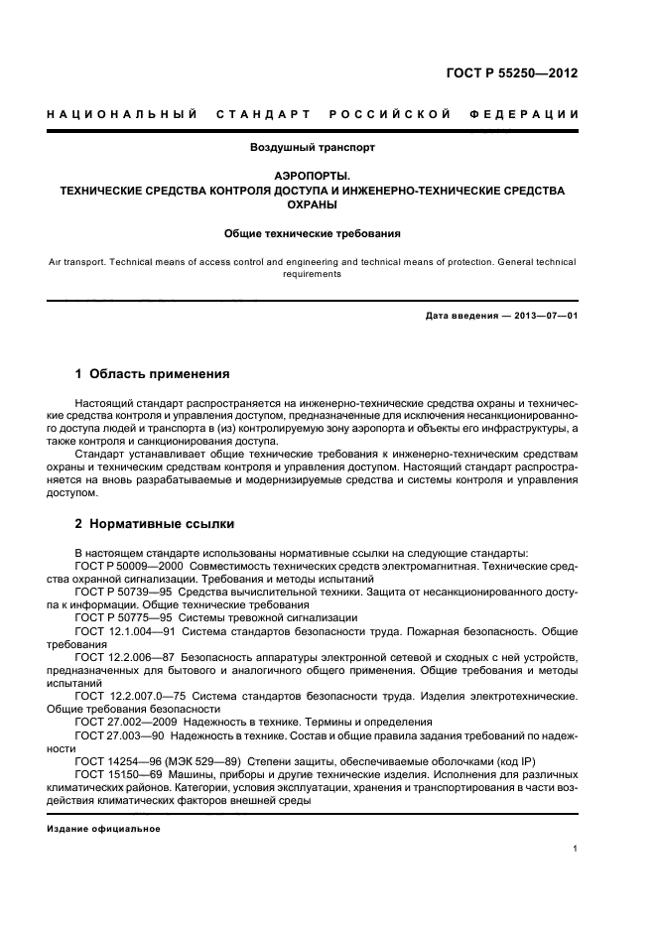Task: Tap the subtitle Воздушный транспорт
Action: coord(312,147)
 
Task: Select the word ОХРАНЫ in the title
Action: coord(312,205)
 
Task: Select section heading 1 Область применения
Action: coord(152,374)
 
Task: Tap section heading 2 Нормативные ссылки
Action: coord(155,523)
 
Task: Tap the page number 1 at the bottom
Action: coord(576,848)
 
